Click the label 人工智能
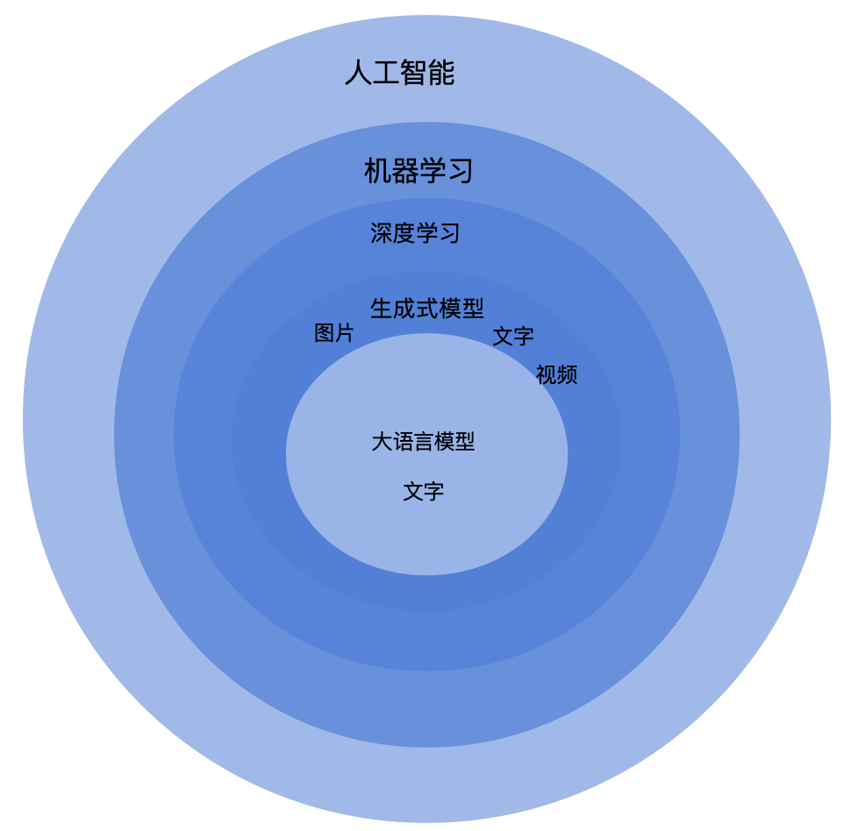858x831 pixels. [x=399, y=73]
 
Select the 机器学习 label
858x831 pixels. [x=418, y=171]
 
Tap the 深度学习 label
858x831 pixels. [x=415, y=234]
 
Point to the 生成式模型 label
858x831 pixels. [x=427, y=309]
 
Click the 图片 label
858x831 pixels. [x=334, y=333]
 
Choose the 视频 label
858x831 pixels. [x=557, y=375]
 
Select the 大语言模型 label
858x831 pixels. [x=423, y=442]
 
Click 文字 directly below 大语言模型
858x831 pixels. [x=424, y=492]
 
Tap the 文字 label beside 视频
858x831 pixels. [x=513, y=337]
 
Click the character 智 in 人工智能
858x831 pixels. [x=413, y=73]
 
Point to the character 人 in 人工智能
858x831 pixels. [x=358, y=73]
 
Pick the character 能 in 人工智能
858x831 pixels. [x=441, y=73]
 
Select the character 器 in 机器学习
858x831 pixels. [x=404, y=171]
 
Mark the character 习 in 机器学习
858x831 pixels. [x=460, y=171]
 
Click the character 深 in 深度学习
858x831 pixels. [x=381, y=234]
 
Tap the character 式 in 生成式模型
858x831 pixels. [x=427, y=309]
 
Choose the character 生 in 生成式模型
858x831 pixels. [x=381, y=309]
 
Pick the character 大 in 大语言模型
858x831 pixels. [x=382, y=442]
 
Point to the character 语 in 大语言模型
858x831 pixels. [x=402, y=442]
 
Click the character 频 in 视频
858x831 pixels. [x=568, y=375]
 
